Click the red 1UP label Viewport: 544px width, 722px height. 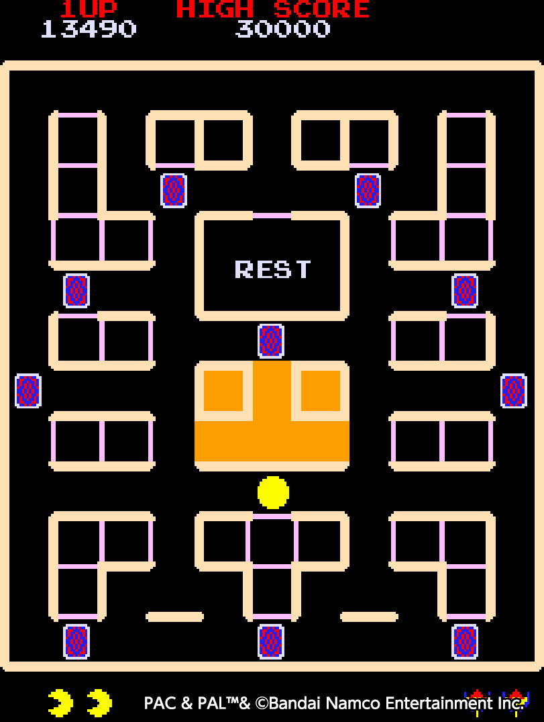click(x=88, y=9)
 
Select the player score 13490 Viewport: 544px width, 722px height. click(x=89, y=29)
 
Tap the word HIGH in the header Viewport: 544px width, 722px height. click(x=215, y=9)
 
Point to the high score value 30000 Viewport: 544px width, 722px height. click(x=283, y=29)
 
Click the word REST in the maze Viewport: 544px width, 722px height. click(x=273, y=269)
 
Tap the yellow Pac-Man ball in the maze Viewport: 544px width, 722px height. click(x=273, y=493)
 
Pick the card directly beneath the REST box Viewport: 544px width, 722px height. click(x=271, y=341)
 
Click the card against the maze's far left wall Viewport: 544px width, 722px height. click(x=28, y=391)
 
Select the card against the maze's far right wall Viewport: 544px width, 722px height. click(x=514, y=391)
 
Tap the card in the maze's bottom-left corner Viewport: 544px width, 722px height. click(x=76, y=641)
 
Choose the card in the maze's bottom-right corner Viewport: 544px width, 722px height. click(x=465, y=641)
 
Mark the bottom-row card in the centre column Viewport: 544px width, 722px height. click(x=271, y=641)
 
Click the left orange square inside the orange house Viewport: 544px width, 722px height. click(x=223, y=390)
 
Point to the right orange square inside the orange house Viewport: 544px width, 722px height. click(x=321, y=390)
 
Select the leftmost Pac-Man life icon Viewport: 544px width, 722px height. click(x=60, y=703)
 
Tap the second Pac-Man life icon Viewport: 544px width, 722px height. click(x=99, y=703)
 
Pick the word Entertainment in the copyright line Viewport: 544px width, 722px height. click(x=439, y=703)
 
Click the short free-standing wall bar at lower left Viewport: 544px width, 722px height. click(x=175, y=617)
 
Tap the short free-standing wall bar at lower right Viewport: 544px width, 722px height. click(x=369, y=617)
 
